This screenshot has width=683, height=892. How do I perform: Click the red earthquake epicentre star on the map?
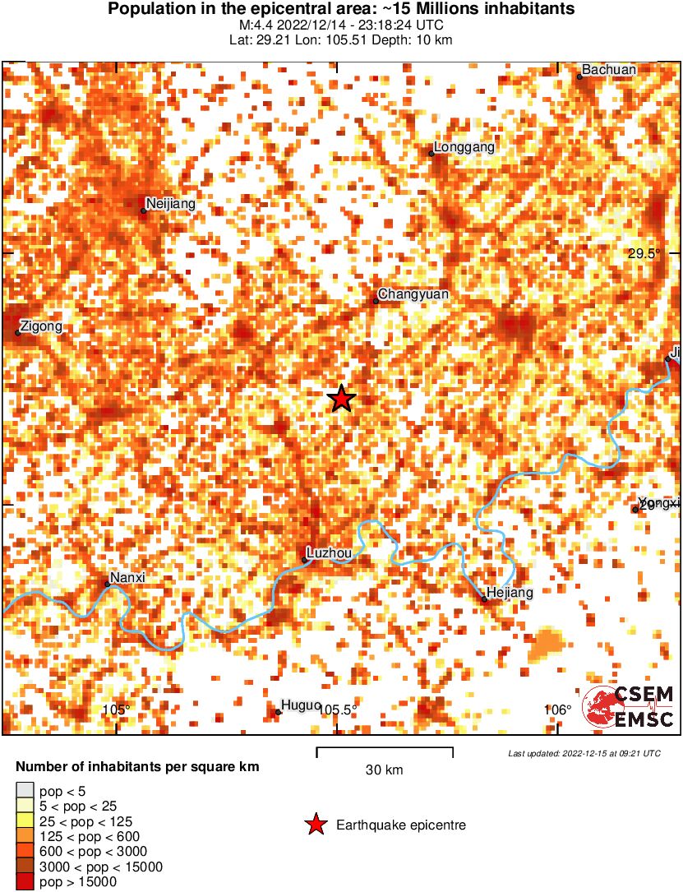tap(341, 399)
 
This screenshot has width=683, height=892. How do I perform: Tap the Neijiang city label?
tap(168, 203)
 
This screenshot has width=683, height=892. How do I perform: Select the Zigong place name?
tap(41, 326)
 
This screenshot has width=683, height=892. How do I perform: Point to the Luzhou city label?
tap(329, 553)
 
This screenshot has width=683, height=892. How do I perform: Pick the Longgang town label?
tap(464, 147)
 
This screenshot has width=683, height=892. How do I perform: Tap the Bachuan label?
tap(609, 70)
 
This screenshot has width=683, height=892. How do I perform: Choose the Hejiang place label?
tap(510, 592)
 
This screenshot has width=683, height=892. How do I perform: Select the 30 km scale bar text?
tap(384, 770)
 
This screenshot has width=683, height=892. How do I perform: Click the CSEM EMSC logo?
tap(629, 707)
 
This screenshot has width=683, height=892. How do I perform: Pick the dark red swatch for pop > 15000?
tap(25, 882)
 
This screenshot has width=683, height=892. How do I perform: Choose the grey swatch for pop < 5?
tap(25, 791)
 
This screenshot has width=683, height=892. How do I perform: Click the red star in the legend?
tap(315, 825)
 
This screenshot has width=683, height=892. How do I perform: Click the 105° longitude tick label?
tap(117, 710)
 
